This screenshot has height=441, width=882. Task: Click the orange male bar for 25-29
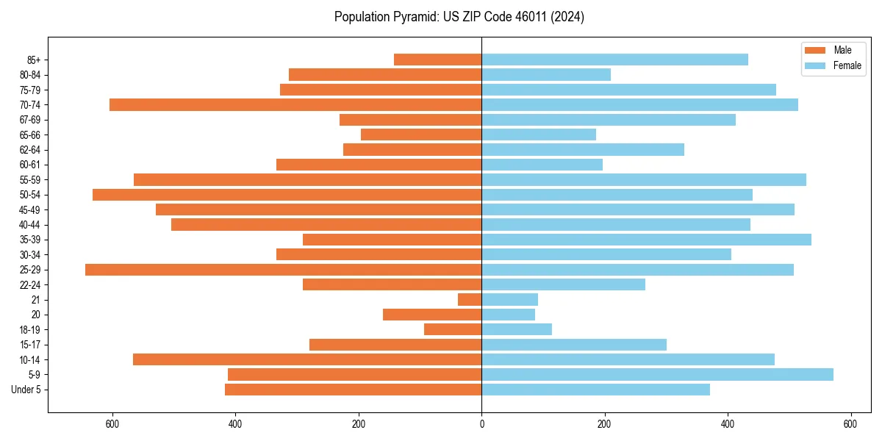coord(283,270)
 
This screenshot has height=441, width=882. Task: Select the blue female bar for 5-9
coord(657,375)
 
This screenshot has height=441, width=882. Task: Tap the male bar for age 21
coord(470,300)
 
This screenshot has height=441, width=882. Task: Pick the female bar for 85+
coord(614,60)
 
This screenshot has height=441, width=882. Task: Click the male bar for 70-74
coord(295,105)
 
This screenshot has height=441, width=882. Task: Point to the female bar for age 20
coord(508,315)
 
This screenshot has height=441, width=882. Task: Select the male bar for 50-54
coord(287,195)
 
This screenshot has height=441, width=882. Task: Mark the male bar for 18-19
coord(453,330)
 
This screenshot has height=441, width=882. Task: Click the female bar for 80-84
coord(546,75)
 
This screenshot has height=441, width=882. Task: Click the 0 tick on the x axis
coord(481,424)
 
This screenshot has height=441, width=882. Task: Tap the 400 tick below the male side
coord(235,424)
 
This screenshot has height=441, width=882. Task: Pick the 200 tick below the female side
coord(604,424)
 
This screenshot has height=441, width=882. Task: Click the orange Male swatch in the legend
coord(816,50)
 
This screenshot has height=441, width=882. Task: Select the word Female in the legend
coord(847,65)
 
